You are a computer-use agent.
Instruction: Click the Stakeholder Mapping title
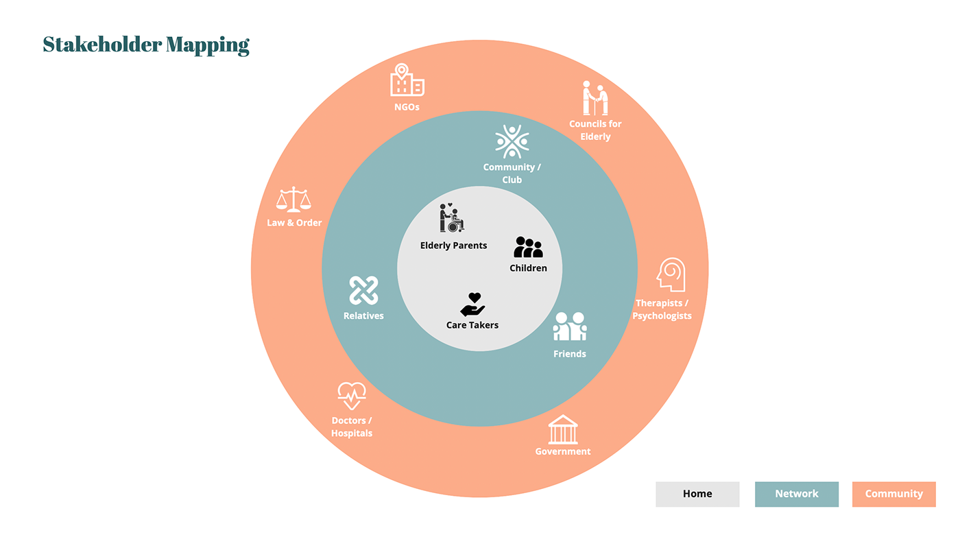146,45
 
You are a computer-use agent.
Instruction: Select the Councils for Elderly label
595,130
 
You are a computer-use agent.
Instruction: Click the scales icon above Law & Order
293,200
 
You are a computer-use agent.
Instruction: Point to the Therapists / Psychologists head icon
671,275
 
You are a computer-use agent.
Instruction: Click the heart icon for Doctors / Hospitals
352,396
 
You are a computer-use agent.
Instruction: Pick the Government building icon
563,430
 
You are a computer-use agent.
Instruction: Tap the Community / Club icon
512,142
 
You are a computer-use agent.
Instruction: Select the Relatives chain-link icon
363,291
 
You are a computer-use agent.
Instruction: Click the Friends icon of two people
570,327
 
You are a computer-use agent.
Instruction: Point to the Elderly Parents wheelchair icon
451,218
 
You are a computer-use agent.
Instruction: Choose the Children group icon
528,247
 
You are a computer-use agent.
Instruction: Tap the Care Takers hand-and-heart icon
472,305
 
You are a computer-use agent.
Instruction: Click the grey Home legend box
697,494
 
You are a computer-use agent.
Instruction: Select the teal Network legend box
797,494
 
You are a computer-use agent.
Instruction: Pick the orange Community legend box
893,494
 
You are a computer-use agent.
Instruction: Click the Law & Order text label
294,223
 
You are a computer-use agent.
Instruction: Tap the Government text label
563,451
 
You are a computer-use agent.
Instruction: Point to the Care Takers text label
472,325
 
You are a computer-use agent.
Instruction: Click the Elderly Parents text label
453,246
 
